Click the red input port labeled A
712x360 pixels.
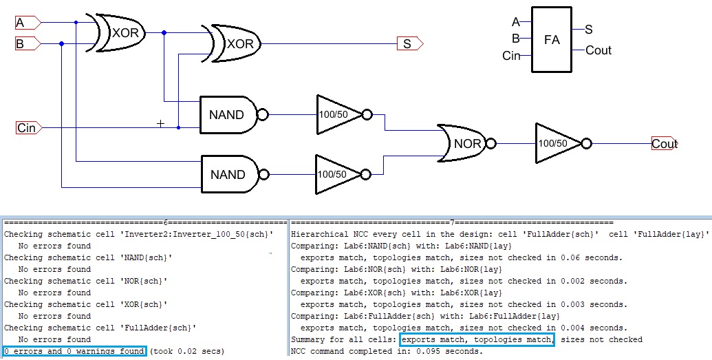click(28, 23)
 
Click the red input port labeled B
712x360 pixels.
click(28, 44)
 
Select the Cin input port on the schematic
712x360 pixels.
click(28, 127)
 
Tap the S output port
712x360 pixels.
click(409, 44)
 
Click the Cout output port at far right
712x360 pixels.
click(664, 144)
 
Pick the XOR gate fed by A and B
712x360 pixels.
click(121, 32)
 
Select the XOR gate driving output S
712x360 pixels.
click(235, 43)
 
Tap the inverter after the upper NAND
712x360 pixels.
click(340, 114)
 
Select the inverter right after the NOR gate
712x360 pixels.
click(558, 144)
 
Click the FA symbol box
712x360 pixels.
click(552, 39)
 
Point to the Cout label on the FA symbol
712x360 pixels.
click(598, 50)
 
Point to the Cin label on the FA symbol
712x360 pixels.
click(512, 56)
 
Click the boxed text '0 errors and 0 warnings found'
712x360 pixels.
click(74, 351)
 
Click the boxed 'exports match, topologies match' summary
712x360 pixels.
click(477, 339)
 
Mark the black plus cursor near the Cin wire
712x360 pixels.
click(161, 124)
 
